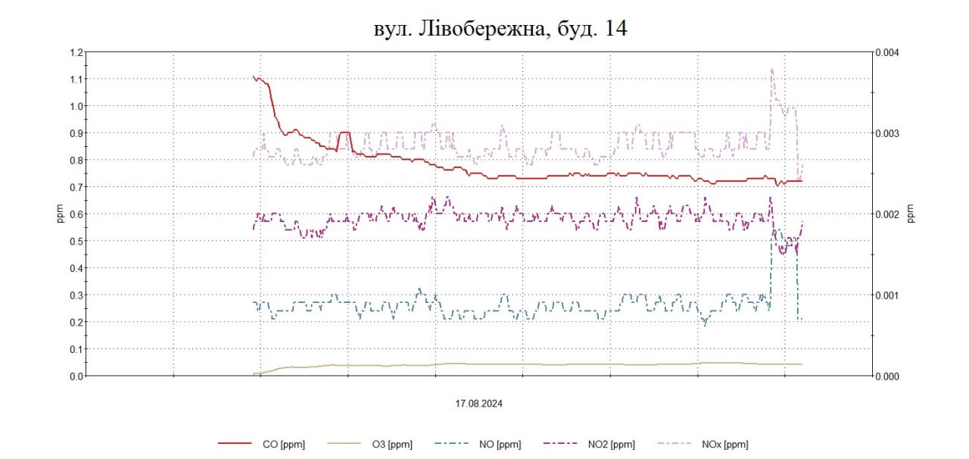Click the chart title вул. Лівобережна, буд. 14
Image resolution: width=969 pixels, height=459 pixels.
(x=500, y=29)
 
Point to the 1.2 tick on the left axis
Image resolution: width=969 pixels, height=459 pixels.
(x=75, y=52)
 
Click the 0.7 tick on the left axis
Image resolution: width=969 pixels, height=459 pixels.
(x=75, y=187)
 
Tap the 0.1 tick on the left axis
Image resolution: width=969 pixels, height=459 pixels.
(x=75, y=349)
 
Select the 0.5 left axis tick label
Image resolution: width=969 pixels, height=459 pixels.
(x=75, y=241)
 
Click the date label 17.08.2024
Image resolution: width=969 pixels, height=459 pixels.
(x=479, y=404)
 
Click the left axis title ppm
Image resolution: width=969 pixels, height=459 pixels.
(x=60, y=214)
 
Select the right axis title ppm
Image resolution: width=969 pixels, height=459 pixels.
(x=911, y=214)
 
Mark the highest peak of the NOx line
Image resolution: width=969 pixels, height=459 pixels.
(x=772, y=70)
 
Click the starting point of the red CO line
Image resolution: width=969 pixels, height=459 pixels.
(x=254, y=76)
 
